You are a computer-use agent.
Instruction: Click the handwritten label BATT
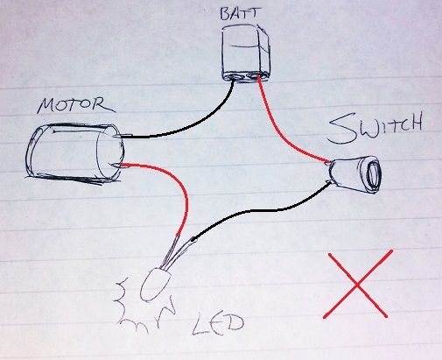240,14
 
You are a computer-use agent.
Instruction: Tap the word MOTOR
76,105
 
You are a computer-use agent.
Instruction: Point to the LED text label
217,324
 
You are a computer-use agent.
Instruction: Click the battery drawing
246,53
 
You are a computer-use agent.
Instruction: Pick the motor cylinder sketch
74,154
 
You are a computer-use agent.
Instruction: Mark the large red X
358,285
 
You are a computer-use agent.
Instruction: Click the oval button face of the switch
372,174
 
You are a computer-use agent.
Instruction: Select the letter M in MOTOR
47,106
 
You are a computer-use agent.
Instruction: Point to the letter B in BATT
225,14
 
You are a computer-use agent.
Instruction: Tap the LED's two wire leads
176,252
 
